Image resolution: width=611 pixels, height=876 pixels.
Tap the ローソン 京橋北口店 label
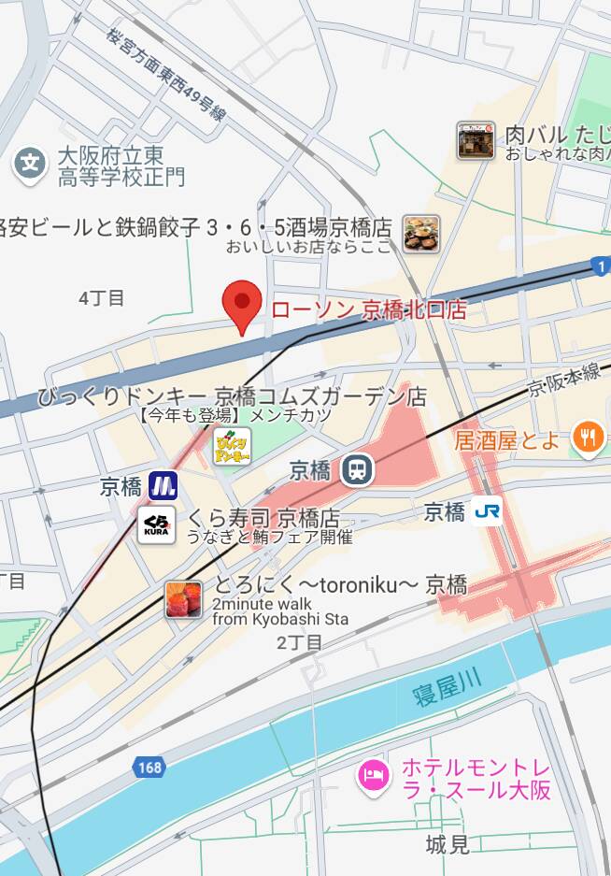(x=368, y=310)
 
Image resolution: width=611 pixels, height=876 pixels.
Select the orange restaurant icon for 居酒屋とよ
(x=588, y=438)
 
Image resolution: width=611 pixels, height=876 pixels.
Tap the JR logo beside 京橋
(x=486, y=511)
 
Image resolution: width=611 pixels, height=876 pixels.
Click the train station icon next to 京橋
(x=356, y=470)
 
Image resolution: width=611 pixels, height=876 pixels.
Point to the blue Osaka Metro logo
(x=163, y=486)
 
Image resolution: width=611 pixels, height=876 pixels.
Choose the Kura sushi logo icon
(x=156, y=525)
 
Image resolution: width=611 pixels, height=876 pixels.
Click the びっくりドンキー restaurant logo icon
(x=232, y=446)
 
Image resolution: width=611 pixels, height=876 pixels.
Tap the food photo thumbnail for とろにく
(x=184, y=599)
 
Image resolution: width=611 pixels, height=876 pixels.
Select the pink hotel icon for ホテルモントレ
(x=374, y=775)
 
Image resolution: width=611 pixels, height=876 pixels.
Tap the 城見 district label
(x=447, y=845)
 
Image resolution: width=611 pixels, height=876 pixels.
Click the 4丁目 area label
(x=102, y=298)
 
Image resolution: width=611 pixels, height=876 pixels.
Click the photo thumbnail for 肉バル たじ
(x=476, y=140)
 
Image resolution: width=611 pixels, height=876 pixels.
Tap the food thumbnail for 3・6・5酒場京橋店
(x=421, y=233)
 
